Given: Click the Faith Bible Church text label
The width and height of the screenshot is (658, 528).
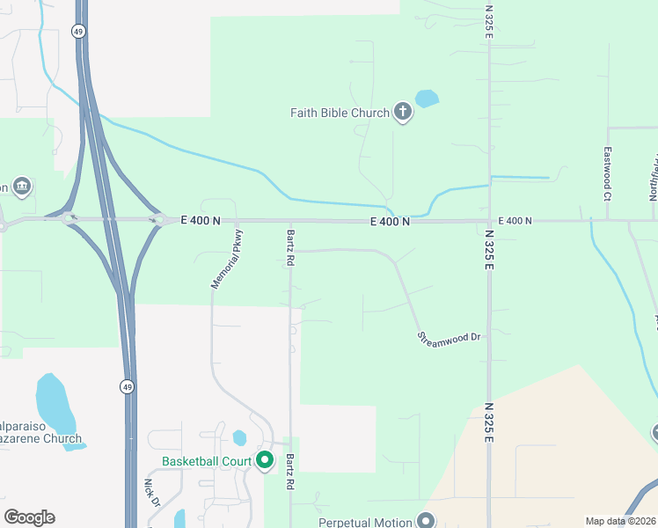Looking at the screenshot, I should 340,113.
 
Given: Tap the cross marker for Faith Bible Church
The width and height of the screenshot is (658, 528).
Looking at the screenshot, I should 403,112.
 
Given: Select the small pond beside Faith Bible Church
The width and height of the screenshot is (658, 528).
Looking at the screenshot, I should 427,98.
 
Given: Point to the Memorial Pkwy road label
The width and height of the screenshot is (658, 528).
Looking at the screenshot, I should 227,259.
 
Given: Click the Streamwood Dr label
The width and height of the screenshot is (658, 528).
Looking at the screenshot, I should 450,337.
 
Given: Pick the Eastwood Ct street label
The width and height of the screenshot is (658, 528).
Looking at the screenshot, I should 607,171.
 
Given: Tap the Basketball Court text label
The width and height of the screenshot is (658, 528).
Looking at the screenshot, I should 207,461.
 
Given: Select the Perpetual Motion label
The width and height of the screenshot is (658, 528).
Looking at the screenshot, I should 363,522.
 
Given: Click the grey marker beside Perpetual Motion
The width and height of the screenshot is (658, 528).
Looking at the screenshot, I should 426,521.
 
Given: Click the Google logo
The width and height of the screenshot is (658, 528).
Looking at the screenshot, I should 29,517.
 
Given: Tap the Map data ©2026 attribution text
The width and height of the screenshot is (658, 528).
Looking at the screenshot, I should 620,521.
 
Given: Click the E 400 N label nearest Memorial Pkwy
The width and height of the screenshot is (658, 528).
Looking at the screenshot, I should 201,221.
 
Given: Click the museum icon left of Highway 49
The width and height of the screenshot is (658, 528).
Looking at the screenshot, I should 22,186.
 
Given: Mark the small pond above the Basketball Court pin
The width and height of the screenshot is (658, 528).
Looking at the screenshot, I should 239,437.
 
